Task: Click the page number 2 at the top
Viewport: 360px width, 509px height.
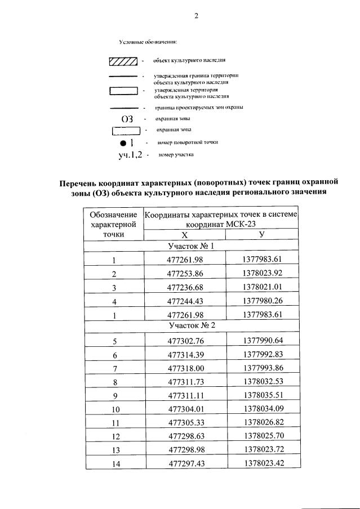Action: click(x=197, y=16)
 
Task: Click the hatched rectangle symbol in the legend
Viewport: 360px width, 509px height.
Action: click(x=123, y=61)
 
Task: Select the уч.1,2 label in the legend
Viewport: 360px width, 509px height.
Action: click(x=131, y=154)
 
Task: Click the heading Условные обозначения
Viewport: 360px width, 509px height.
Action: click(x=148, y=42)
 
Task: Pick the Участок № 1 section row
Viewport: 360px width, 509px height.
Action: click(x=191, y=247)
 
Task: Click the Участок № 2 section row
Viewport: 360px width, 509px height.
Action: click(x=192, y=325)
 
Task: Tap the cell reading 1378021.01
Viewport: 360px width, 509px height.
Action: click(x=262, y=287)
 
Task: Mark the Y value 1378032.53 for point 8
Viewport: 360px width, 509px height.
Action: click(x=262, y=381)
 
